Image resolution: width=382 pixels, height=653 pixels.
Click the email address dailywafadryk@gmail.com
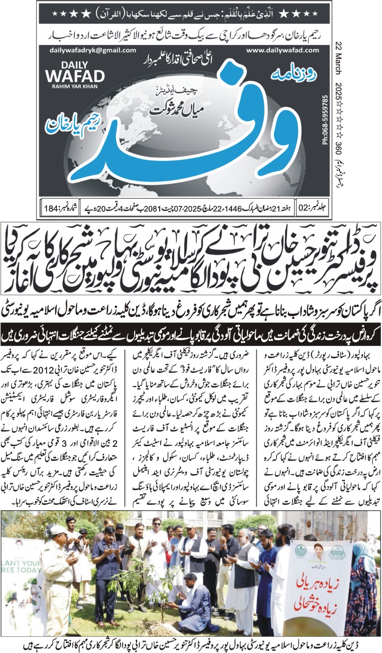tap(92, 50)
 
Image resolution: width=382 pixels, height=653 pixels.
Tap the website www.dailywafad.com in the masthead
tap(283, 50)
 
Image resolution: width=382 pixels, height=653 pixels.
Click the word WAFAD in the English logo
tap(75, 76)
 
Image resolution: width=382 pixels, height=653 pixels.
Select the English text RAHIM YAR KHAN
tap(75, 86)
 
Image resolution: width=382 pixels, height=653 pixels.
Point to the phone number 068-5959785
tap(325, 120)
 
